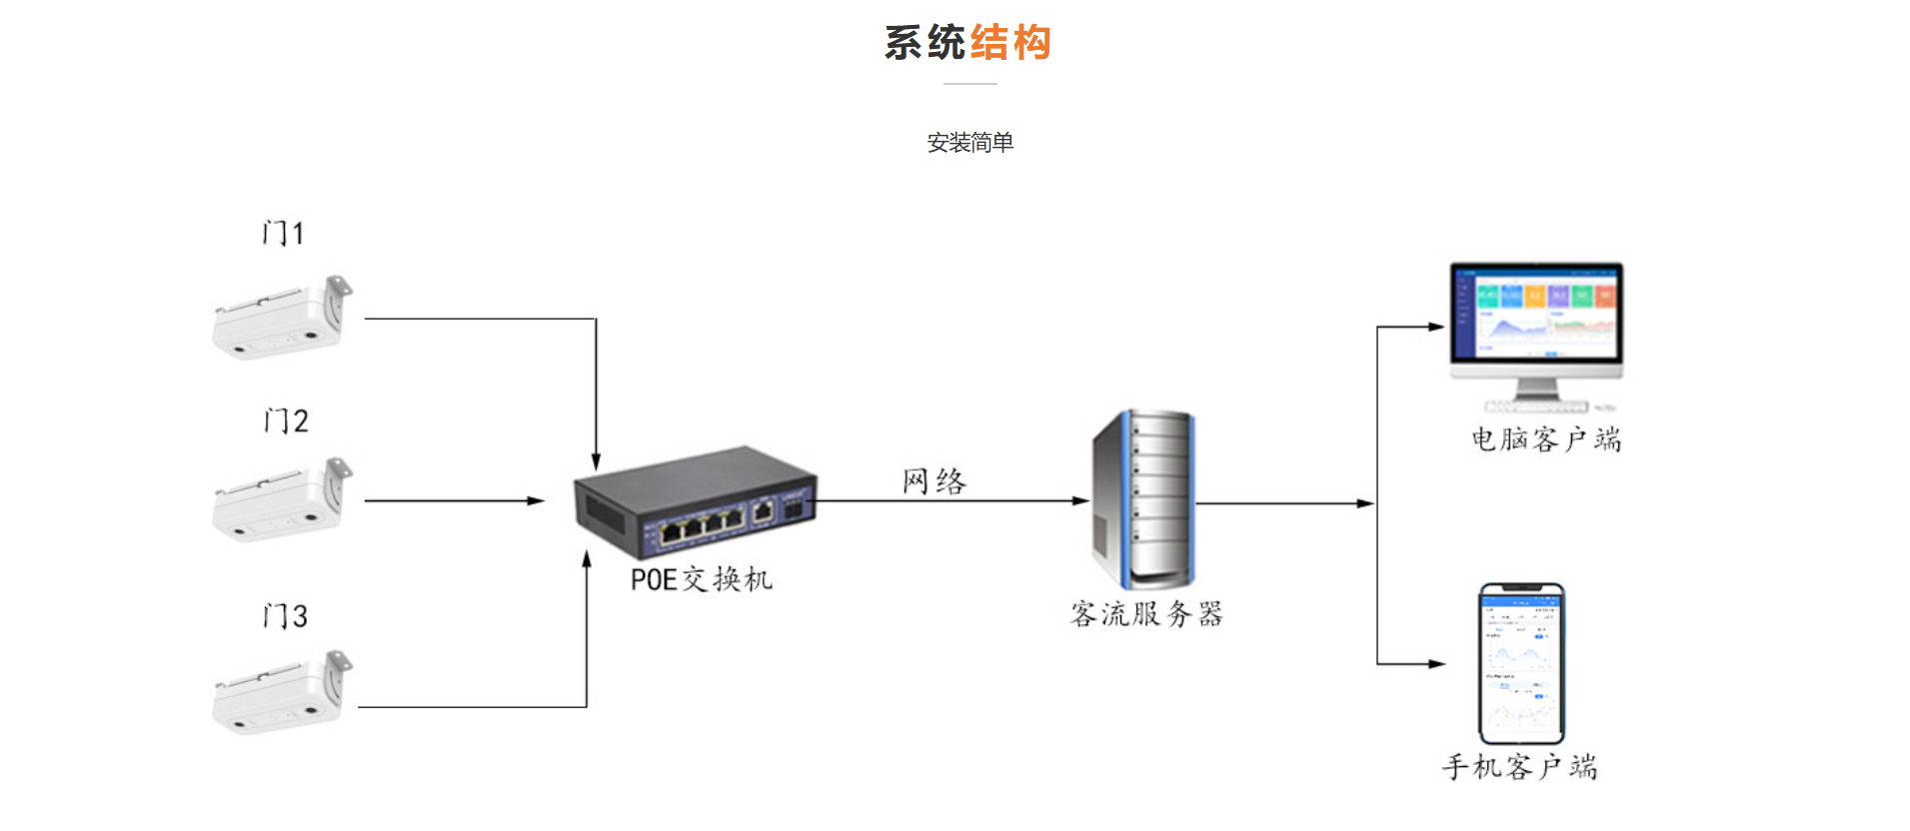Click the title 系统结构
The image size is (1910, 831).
coord(967,43)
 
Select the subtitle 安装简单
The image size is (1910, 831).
coord(969,143)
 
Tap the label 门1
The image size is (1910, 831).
coord(283,233)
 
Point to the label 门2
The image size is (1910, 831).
coord(286,420)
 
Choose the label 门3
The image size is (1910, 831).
coord(285,615)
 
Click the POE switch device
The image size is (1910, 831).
coord(696,502)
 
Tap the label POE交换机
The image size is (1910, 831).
coord(701,579)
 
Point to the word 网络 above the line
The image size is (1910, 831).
coord(934,481)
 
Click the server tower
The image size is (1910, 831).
coord(1144,498)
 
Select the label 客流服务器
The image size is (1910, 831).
coord(1146,613)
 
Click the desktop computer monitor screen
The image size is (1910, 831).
coord(1537,312)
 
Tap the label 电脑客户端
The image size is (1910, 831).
coord(1545,439)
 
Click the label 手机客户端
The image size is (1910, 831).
coord(1519,767)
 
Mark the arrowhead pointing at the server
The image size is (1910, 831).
coord(1081,501)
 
